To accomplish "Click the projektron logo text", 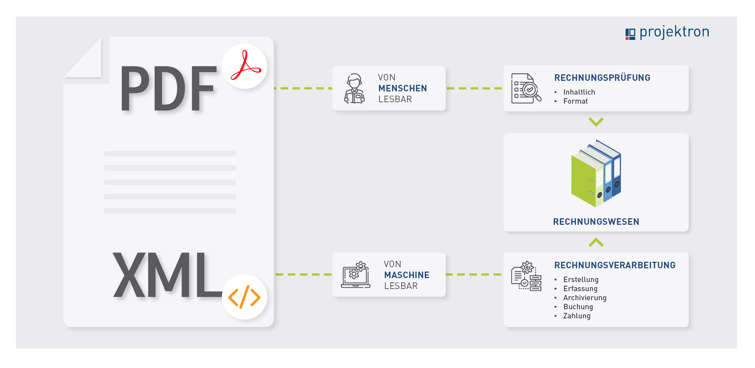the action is [674, 33].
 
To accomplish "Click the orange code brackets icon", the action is [244, 297].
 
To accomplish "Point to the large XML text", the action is [167, 275].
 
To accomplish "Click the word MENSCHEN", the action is [403, 88].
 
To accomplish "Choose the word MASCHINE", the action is [407, 275].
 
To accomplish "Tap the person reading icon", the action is [354, 88].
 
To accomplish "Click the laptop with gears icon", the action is [356, 275].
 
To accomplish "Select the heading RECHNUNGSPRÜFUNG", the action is [602, 78].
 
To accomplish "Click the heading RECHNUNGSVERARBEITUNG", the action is [615, 265].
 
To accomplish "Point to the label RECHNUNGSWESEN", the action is [596, 222].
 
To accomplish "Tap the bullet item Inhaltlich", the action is [579, 92].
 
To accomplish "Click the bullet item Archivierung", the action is [585, 298].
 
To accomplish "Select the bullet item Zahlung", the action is [577, 316].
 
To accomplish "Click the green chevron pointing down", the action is [596, 121].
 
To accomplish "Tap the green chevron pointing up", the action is [596, 242].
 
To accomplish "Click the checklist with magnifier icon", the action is [526, 88].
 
